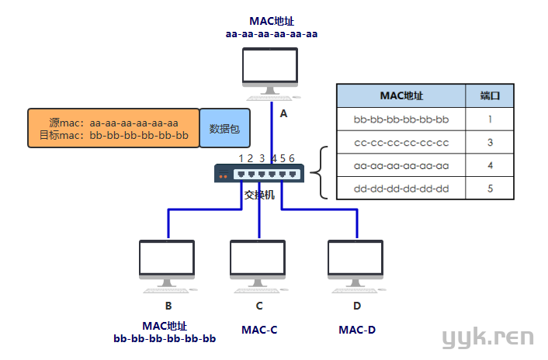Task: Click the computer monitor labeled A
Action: (x=270, y=71)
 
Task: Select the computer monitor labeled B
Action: (x=168, y=261)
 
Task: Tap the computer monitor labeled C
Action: (x=258, y=261)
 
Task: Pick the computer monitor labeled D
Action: (x=356, y=261)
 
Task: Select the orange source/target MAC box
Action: (x=113, y=129)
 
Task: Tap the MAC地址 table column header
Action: (x=401, y=96)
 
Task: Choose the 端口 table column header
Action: (x=490, y=96)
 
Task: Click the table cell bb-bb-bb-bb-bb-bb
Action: (x=401, y=119)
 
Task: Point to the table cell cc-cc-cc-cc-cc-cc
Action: (x=401, y=143)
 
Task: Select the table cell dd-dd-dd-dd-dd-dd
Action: (x=401, y=189)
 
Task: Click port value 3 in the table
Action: (x=490, y=143)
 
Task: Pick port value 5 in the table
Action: (x=490, y=189)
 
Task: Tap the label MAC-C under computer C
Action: (x=259, y=330)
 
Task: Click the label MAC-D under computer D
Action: (x=357, y=330)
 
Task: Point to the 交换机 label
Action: (x=259, y=195)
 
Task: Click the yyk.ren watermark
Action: (x=487, y=337)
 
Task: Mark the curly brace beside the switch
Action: (x=323, y=172)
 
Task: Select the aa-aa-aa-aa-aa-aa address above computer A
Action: (x=272, y=33)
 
